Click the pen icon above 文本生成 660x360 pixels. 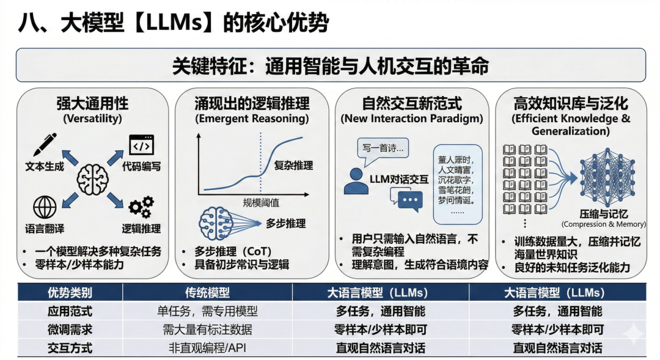click(44, 145)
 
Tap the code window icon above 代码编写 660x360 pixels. click(141, 145)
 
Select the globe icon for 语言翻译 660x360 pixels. click(45, 207)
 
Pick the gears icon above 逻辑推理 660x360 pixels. click(141, 207)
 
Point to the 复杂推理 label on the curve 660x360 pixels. click(293, 165)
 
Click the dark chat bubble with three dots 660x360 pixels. click(409, 200)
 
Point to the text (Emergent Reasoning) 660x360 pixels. click(252, 118)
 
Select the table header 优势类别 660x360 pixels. click(70, 292)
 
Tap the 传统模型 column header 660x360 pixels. click(207, 292)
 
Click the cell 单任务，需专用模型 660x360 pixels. click(207, 311)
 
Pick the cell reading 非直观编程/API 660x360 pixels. click(207, 348)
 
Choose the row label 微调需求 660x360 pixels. click(70, 329)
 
